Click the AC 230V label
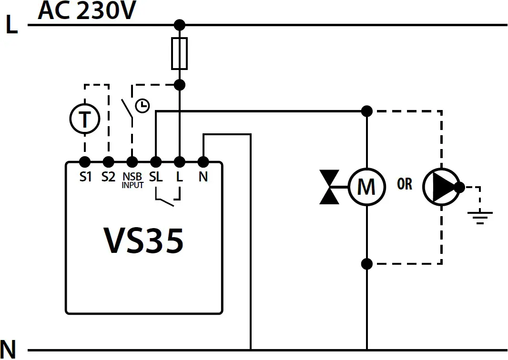(87, 11)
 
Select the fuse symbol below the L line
(179, 53)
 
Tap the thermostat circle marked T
(85, 119)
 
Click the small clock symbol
(142, 106)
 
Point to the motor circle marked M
(366, 187)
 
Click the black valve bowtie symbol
(329, 187)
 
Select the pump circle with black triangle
(440, 187)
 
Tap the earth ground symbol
(480, 217)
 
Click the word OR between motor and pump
(405, 184)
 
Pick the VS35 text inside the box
(143, 241)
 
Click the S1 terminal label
(85, 177)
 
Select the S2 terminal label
(108, 177)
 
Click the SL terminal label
(156, 177)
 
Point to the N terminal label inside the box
(203, 177)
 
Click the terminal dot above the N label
(203, 161)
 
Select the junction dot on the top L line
(179, 25)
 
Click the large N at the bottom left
(8, 350)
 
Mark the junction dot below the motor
(366, 263)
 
